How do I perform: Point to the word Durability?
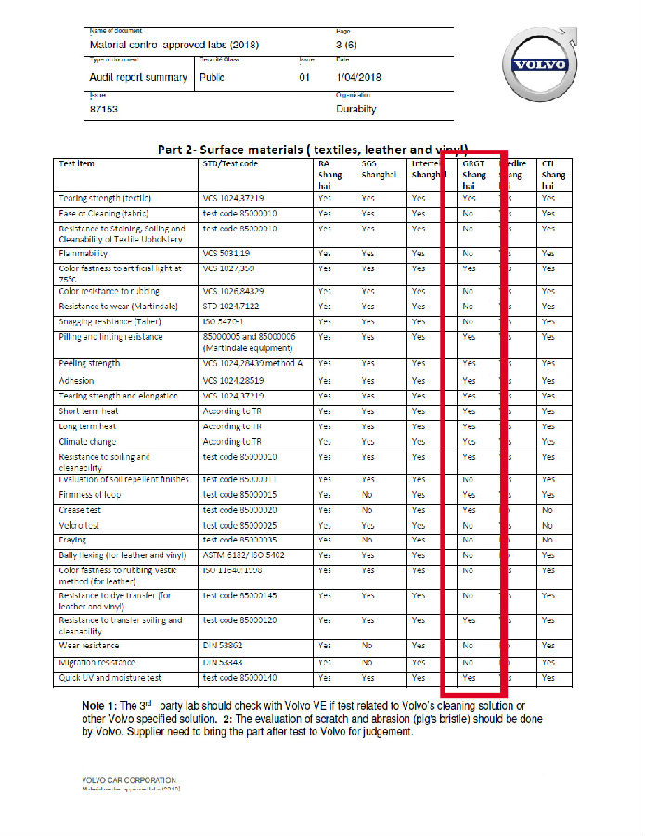[x=356, y=109]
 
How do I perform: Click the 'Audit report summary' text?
[x=137, y=77]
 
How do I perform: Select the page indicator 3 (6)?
[x=347, y=45]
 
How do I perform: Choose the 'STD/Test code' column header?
[x=230, y=163]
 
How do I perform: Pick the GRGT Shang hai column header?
[x=474, y=175]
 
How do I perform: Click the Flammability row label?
[x=84, y=253]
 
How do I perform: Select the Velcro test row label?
[x=82, y=525]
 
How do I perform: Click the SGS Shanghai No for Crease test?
[x=368, y=510]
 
